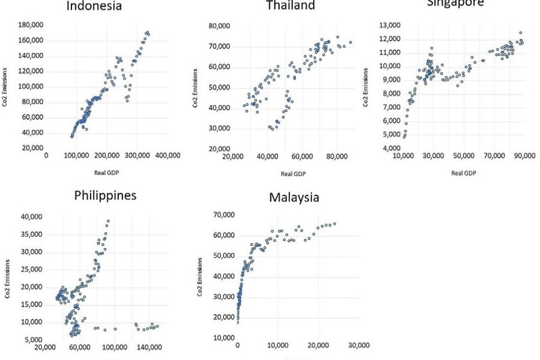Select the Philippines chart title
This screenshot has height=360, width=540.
pyautogui.click(x=105, y=195)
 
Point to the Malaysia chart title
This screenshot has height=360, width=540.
pyautogui.click(x=294, y=197)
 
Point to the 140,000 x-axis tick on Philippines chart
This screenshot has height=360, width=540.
pyautogui.click(x=149, y=348)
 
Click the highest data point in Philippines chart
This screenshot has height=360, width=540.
pyautogui.click(x=108, y=221)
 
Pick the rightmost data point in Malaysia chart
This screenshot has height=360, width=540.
pyautogui.click(x=335, y=224)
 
